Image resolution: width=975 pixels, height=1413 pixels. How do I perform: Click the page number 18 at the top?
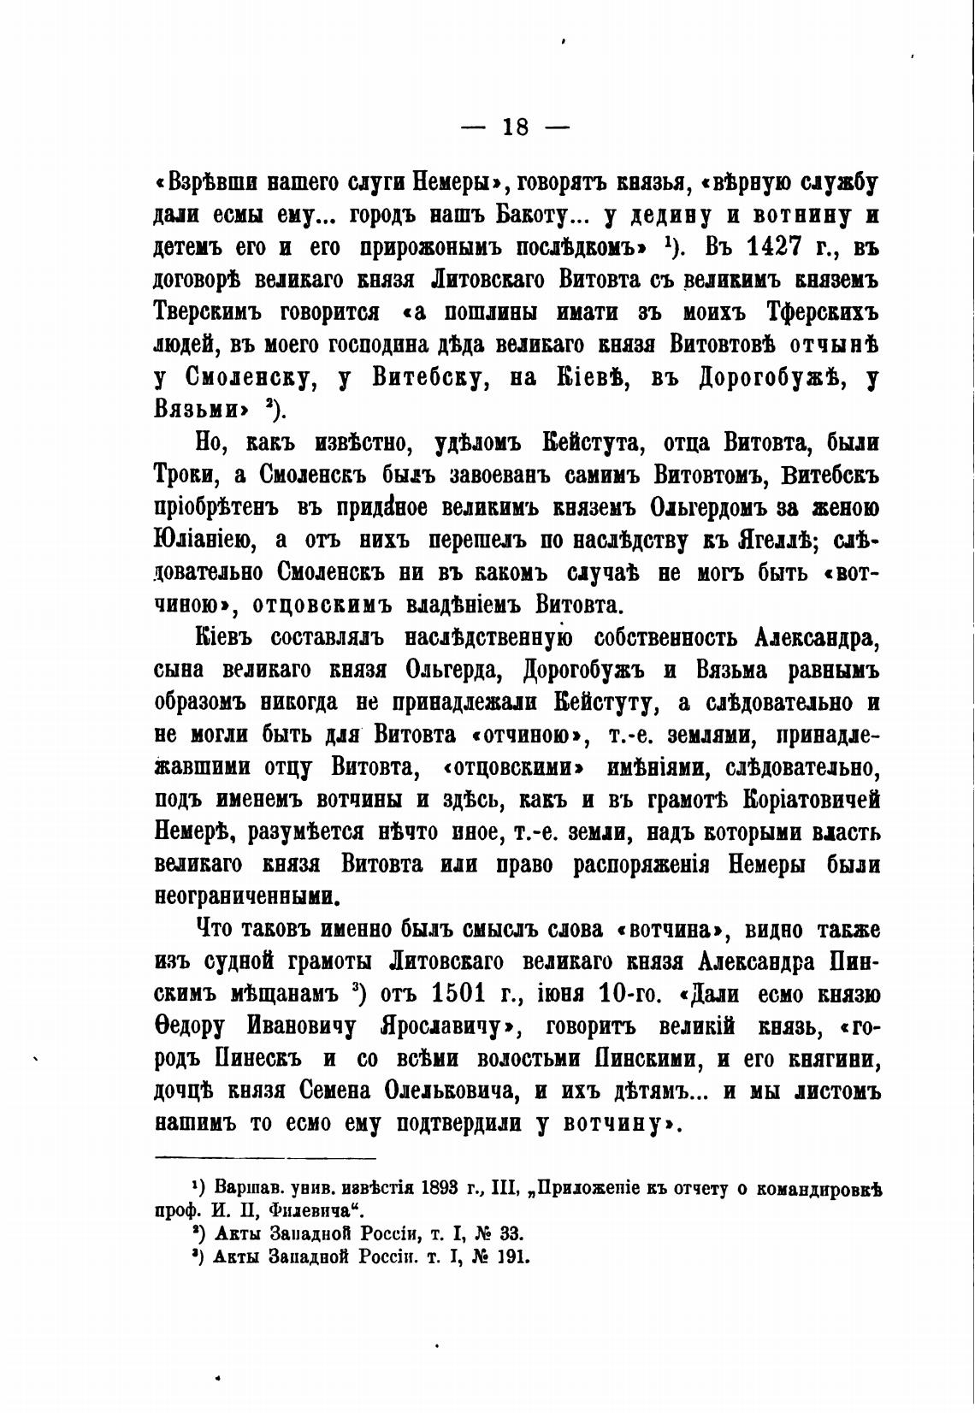coord(516,127)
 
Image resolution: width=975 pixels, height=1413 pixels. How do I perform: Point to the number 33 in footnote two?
coord(510,1233)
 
